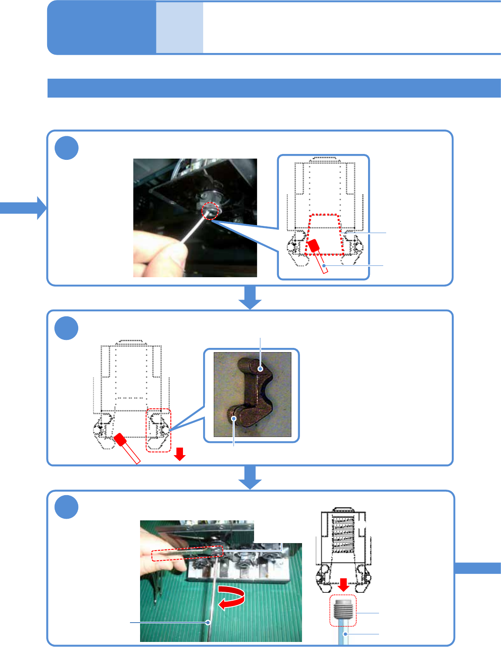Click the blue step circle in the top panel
click(x=66, y=148)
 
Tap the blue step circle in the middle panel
click(x=66, y=328)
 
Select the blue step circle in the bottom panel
click(x=66, y=507)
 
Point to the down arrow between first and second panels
click(x=250, y=297)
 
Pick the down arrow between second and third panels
click(x=250, y=478)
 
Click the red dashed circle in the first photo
click(x=210, y=211)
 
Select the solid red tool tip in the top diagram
click(x=313, y=247)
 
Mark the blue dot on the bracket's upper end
click(x=261, y=369)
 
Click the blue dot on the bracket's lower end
click(x=234, y=418)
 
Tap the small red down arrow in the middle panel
click(x=180, y=453)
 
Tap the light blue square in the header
click(x=180, y=28)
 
